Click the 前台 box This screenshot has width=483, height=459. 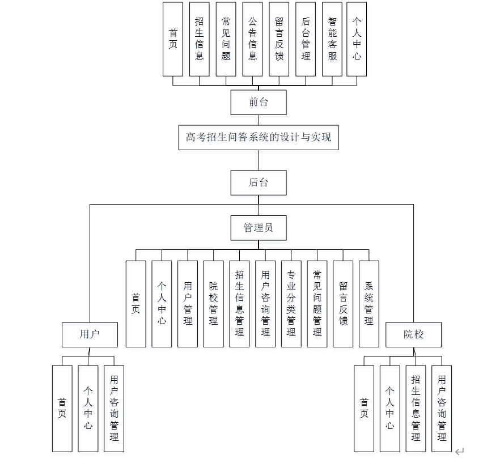pos(258,103)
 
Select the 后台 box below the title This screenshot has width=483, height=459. pos(258,182)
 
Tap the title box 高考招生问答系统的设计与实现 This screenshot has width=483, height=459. pos(258,137)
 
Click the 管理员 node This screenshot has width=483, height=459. pos(258,228)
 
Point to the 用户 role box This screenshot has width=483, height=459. pos(90,334)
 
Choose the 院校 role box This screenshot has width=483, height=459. pos(413,334)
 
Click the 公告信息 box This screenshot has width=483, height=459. pos(252,39)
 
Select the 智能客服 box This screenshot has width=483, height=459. pos(332,39)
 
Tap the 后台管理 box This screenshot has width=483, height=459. pos(306,39)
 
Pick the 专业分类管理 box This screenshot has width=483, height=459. pos(291,304)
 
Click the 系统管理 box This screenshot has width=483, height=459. pos(368,304)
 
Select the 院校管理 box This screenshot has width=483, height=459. pos(213,304)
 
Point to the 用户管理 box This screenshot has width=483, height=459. pos(188,304)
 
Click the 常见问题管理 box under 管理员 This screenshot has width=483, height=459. pos(317,304)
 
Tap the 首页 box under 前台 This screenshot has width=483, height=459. pos(172,39)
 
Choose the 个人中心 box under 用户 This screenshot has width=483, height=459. pos(88,408)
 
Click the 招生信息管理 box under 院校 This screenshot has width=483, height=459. pos(416,408)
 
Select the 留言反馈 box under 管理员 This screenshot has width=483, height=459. pos(343,304)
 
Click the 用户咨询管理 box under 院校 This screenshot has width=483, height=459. pos(442,408)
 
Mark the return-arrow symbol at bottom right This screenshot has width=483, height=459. pos(459,451)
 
